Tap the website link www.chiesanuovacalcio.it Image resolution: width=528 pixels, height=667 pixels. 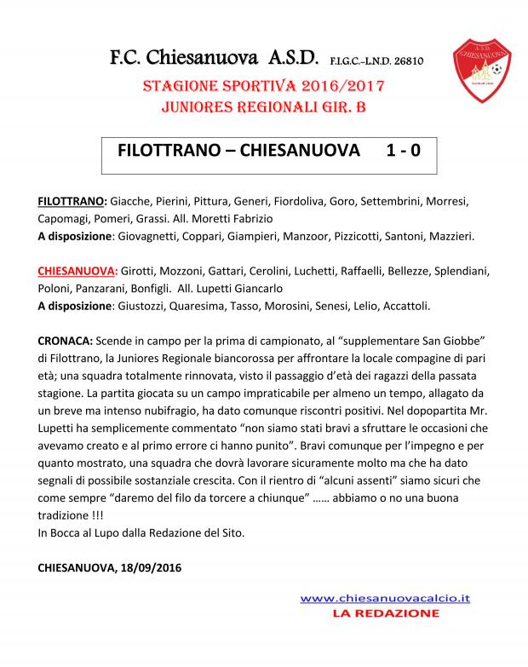[385, 598]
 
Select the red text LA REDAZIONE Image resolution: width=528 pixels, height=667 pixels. [385, 612]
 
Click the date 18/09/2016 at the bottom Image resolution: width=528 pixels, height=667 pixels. [152, 566]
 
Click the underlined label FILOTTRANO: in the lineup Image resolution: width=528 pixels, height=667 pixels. [72, 202]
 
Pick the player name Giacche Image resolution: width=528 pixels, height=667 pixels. [132, 202]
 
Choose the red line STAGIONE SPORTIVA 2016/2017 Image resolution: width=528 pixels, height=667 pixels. [264, 86]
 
